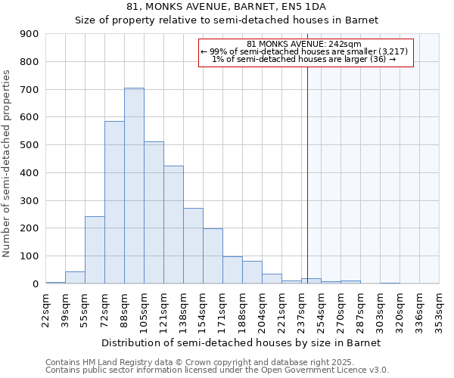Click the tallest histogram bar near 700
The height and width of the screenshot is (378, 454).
tap(134, 186)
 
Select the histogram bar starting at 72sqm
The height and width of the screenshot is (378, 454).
tap(114, 203)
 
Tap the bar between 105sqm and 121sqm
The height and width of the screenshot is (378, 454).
tap(154, 212)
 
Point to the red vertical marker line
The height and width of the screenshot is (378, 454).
tap(308, 174)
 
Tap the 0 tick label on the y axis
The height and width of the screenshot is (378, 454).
tap(36, 284)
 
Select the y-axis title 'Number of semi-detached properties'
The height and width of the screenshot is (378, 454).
tap(8, 163)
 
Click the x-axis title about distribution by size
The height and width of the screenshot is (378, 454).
tap(241, 342)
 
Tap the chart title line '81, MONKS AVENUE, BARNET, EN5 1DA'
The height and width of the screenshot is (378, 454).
tap(227, 7)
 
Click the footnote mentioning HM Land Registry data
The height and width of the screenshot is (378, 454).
tap(216, 362)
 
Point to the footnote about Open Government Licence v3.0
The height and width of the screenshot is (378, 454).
tap(216, 370)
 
